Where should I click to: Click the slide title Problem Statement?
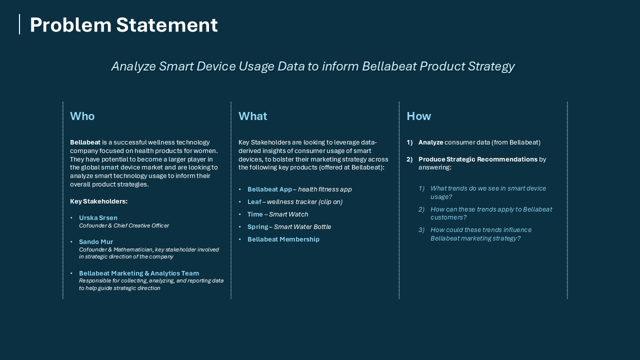(123, 25)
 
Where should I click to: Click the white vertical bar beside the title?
(19, 24)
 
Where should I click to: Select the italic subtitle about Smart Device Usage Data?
(312, 66)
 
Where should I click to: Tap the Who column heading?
(82, 116)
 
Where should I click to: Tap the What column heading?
(252, 116)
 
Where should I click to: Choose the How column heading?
(418, 116)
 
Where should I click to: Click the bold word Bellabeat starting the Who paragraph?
(85, 142)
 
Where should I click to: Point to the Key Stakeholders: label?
(98, 201)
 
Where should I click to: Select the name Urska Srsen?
(98, 218)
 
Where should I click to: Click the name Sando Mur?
(96, 242)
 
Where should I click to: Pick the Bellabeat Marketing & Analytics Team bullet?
(138, 273)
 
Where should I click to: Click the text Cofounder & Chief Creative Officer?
(124, 226)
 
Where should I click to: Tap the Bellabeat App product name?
(269, 189)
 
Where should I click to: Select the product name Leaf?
(254, 202)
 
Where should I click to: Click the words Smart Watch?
(288, 214)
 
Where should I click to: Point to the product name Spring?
(257, 227)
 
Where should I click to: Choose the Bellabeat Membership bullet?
(283, 239)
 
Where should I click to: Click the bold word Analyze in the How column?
(430, 142)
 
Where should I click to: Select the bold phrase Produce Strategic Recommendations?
(477, 159)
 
